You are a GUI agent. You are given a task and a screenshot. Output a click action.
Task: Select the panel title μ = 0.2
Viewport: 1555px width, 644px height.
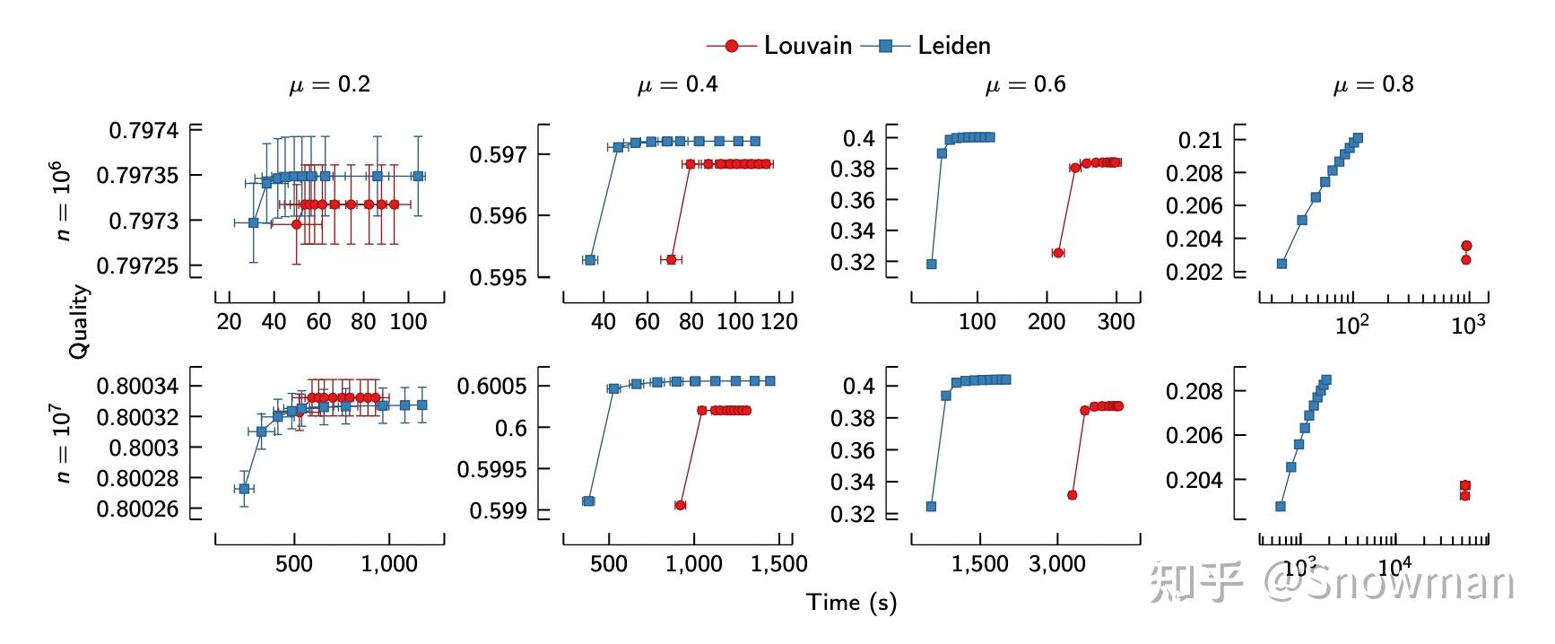329,84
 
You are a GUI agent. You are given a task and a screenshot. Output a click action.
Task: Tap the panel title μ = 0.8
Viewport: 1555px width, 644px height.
1373,84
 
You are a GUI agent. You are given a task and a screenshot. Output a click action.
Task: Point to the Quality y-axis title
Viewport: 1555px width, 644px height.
79,321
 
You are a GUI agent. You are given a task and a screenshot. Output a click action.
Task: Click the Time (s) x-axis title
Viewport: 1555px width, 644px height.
850,602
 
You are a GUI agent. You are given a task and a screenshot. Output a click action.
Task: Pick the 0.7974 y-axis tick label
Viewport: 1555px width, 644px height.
143,131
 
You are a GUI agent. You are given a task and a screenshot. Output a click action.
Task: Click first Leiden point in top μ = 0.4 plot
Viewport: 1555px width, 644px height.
590,259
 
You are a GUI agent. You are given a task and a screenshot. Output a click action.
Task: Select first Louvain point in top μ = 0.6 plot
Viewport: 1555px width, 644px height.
1058,253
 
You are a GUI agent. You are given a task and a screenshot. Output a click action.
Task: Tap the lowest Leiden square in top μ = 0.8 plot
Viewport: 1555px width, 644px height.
1281,264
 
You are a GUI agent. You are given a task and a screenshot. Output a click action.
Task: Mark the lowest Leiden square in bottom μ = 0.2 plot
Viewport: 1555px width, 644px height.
243,489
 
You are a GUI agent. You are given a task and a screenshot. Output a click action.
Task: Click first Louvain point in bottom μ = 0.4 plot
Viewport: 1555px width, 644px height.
680,505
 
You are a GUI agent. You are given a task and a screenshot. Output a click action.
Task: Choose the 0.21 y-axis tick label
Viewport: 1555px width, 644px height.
1200,140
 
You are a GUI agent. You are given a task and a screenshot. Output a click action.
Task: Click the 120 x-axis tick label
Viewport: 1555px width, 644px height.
778,322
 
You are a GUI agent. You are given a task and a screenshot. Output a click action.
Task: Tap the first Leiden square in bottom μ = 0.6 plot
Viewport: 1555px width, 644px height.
931,507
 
